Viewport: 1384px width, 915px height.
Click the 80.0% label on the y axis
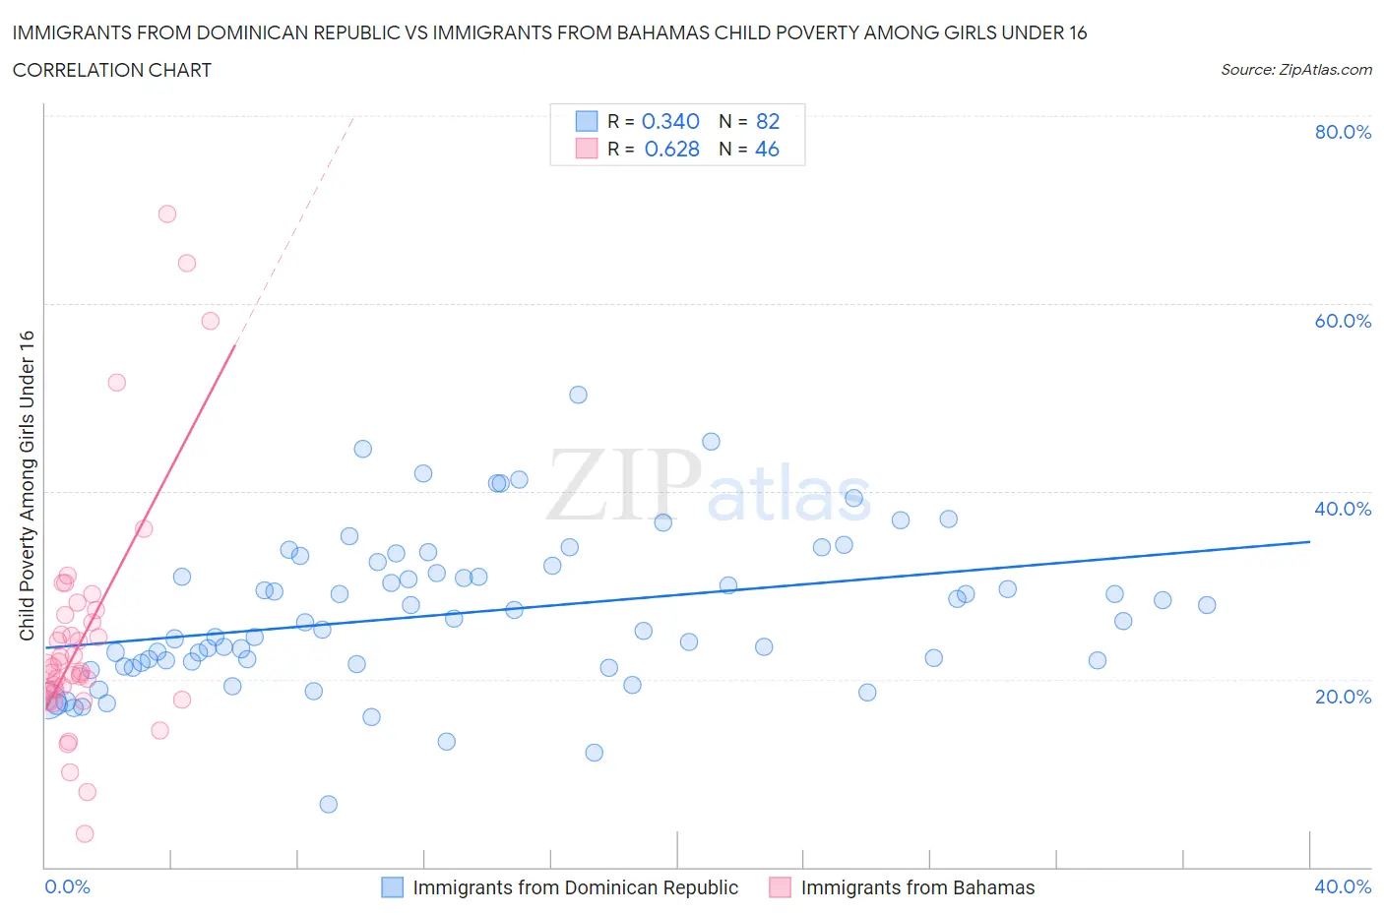(1342, 132)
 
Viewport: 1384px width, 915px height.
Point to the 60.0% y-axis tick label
(1342, 321)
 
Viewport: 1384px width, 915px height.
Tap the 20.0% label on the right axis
(1342, 697)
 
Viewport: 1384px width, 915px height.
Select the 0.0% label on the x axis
(67, 886)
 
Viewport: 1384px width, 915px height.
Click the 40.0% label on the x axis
(1342, 886)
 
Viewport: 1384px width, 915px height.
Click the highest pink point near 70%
(167, 213)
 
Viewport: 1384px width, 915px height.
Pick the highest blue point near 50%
(578, 395)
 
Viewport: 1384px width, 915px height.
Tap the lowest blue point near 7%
(329, 804)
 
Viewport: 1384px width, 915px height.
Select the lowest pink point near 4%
(85, 833)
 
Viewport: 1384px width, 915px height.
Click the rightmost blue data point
(1207, 605)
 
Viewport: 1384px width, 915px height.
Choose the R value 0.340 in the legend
(670, 121)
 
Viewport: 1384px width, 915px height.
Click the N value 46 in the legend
(767, 149)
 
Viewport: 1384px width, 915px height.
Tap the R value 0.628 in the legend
(671, 149)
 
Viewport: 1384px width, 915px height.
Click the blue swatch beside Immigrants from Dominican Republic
(392, 887)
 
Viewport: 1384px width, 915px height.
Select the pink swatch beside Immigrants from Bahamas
(780, 887)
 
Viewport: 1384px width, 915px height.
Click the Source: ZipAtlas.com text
(1295, 69)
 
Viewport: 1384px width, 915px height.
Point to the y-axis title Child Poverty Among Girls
(27, 485)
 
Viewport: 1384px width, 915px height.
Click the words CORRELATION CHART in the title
(111, 70)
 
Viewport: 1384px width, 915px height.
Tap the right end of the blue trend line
(1309, 541)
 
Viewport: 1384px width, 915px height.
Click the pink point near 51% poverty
(116, 383)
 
